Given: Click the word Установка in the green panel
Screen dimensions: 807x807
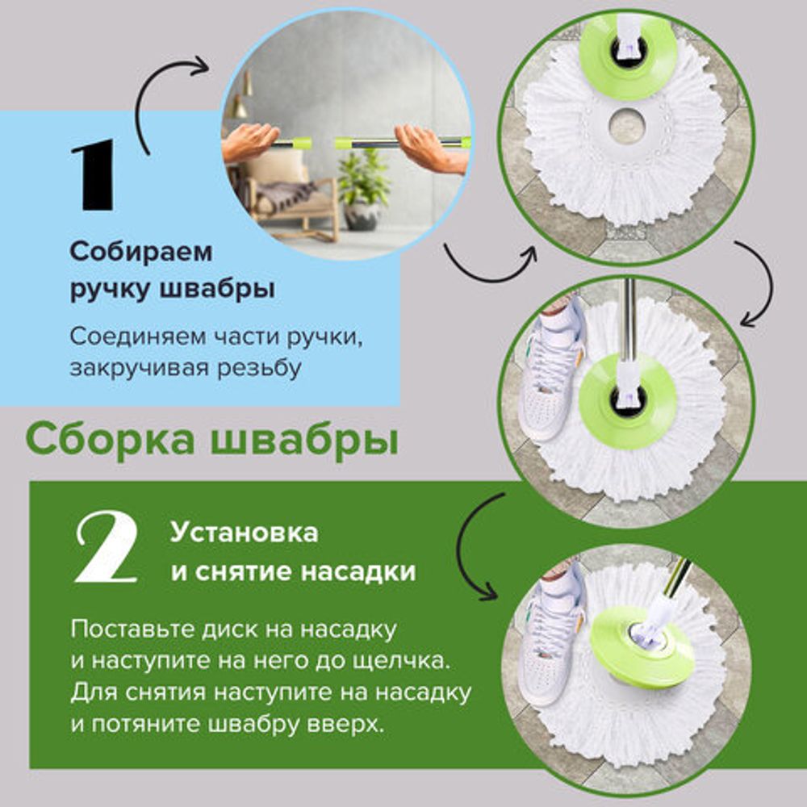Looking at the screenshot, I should pyautogui.click(x=244, y=533).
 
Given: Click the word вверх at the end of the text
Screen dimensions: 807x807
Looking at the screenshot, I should pyautogui.click(x=342, y=722).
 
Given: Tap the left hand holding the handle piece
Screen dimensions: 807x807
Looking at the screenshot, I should pyautogui.click(x=250, y=143).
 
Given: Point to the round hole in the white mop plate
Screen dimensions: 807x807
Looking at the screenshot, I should pyautogui.click(x=626, y=127).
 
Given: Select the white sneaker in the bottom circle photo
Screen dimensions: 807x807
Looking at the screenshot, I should pyautogui.click(x=552, y=621).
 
